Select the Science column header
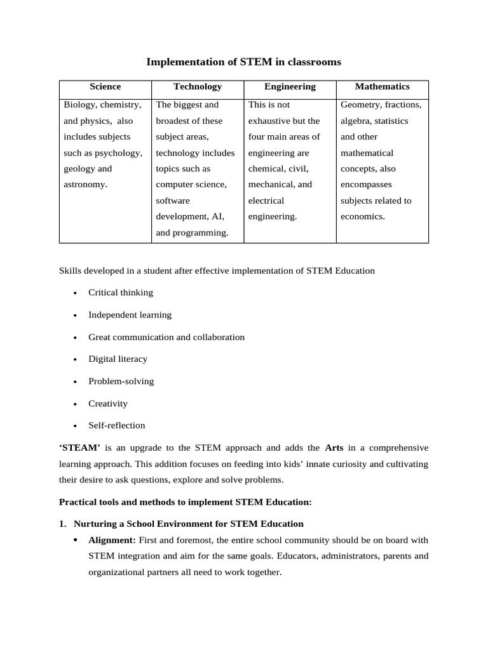[x=105, y=87]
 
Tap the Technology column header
[x=198, y=87]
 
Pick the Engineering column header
[x=290, y=87]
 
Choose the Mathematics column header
[x=382, y=87]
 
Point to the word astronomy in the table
[x=85, y=185]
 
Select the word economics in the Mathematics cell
[x=362, y=216]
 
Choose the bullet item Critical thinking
[x=121, y=293]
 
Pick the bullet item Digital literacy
[x=118, y=359]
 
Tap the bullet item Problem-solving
[x=121, y=381]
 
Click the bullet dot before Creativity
[x=75, y=404]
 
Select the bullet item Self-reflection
[x=117, y=426]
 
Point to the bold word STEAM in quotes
[x=80, y=448]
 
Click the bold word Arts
[x=334, y=448]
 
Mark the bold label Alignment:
[x=111, y=540]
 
